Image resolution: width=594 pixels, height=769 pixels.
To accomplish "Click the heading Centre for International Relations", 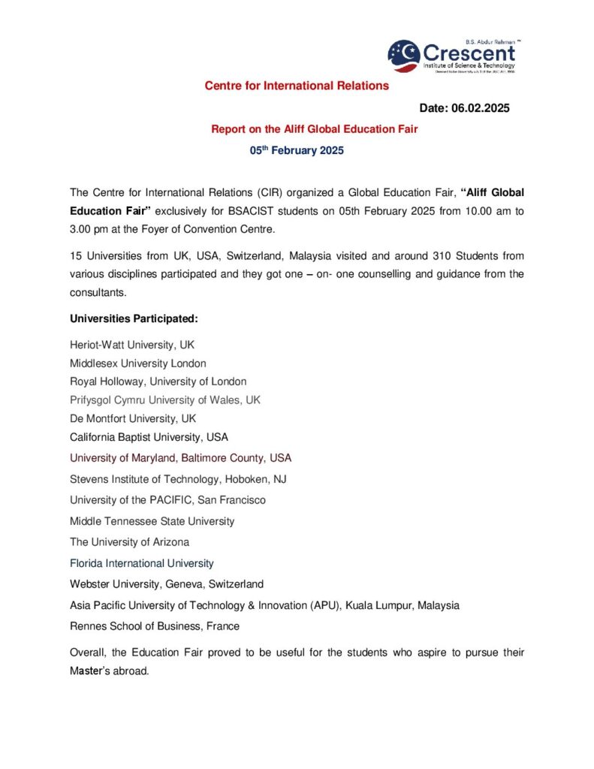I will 297,86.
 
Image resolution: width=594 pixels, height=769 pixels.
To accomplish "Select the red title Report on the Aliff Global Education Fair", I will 314,129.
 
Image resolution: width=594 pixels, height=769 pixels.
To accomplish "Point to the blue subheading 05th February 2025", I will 297,150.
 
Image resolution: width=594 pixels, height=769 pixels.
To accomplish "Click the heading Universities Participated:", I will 134,318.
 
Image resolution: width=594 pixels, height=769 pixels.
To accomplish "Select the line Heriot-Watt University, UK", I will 133,345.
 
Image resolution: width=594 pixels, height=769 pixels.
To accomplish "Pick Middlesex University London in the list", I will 137,363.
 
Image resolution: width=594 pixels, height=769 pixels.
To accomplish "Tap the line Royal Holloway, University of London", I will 158,381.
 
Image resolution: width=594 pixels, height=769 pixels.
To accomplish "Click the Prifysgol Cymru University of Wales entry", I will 165,400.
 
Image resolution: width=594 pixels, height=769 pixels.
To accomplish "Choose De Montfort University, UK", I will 133,418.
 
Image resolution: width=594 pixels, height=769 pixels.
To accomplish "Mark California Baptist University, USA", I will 149,436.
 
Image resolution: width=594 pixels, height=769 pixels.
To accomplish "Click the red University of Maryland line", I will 180,457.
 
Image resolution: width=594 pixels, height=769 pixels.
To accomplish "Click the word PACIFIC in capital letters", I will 170,499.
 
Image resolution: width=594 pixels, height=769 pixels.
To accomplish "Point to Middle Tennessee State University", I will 152,520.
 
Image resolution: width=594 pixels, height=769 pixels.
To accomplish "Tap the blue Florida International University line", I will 142,562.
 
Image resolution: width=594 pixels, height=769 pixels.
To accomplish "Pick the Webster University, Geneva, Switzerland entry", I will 167,584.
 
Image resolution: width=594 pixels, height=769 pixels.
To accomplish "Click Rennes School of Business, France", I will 155,626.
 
